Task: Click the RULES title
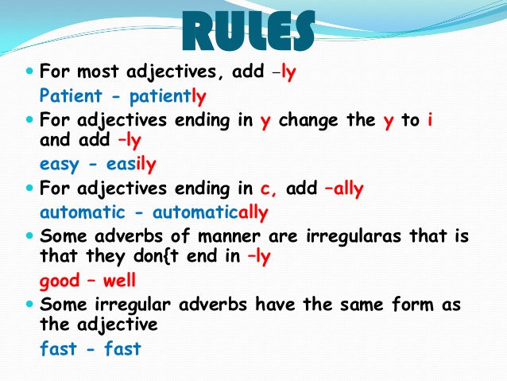point(248,31)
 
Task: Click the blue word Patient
point(71,95)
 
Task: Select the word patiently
point(168,97)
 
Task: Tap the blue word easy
point(59,165)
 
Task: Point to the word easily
point(131,164)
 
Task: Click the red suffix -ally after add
point(344,189)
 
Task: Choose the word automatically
point(211,212)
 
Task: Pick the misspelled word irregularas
point(354,236)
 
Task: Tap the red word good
point(60,281)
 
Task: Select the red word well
point(119,280)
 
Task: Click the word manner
point(229,236)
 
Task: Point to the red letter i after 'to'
point(430,120)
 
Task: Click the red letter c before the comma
point(265,189)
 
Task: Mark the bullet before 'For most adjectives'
point(29,71)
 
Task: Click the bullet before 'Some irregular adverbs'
point(29,304)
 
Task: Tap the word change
point(308,121)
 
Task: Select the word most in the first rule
point(98,72)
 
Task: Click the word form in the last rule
point(412,304)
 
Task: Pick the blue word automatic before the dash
point(83,212)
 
